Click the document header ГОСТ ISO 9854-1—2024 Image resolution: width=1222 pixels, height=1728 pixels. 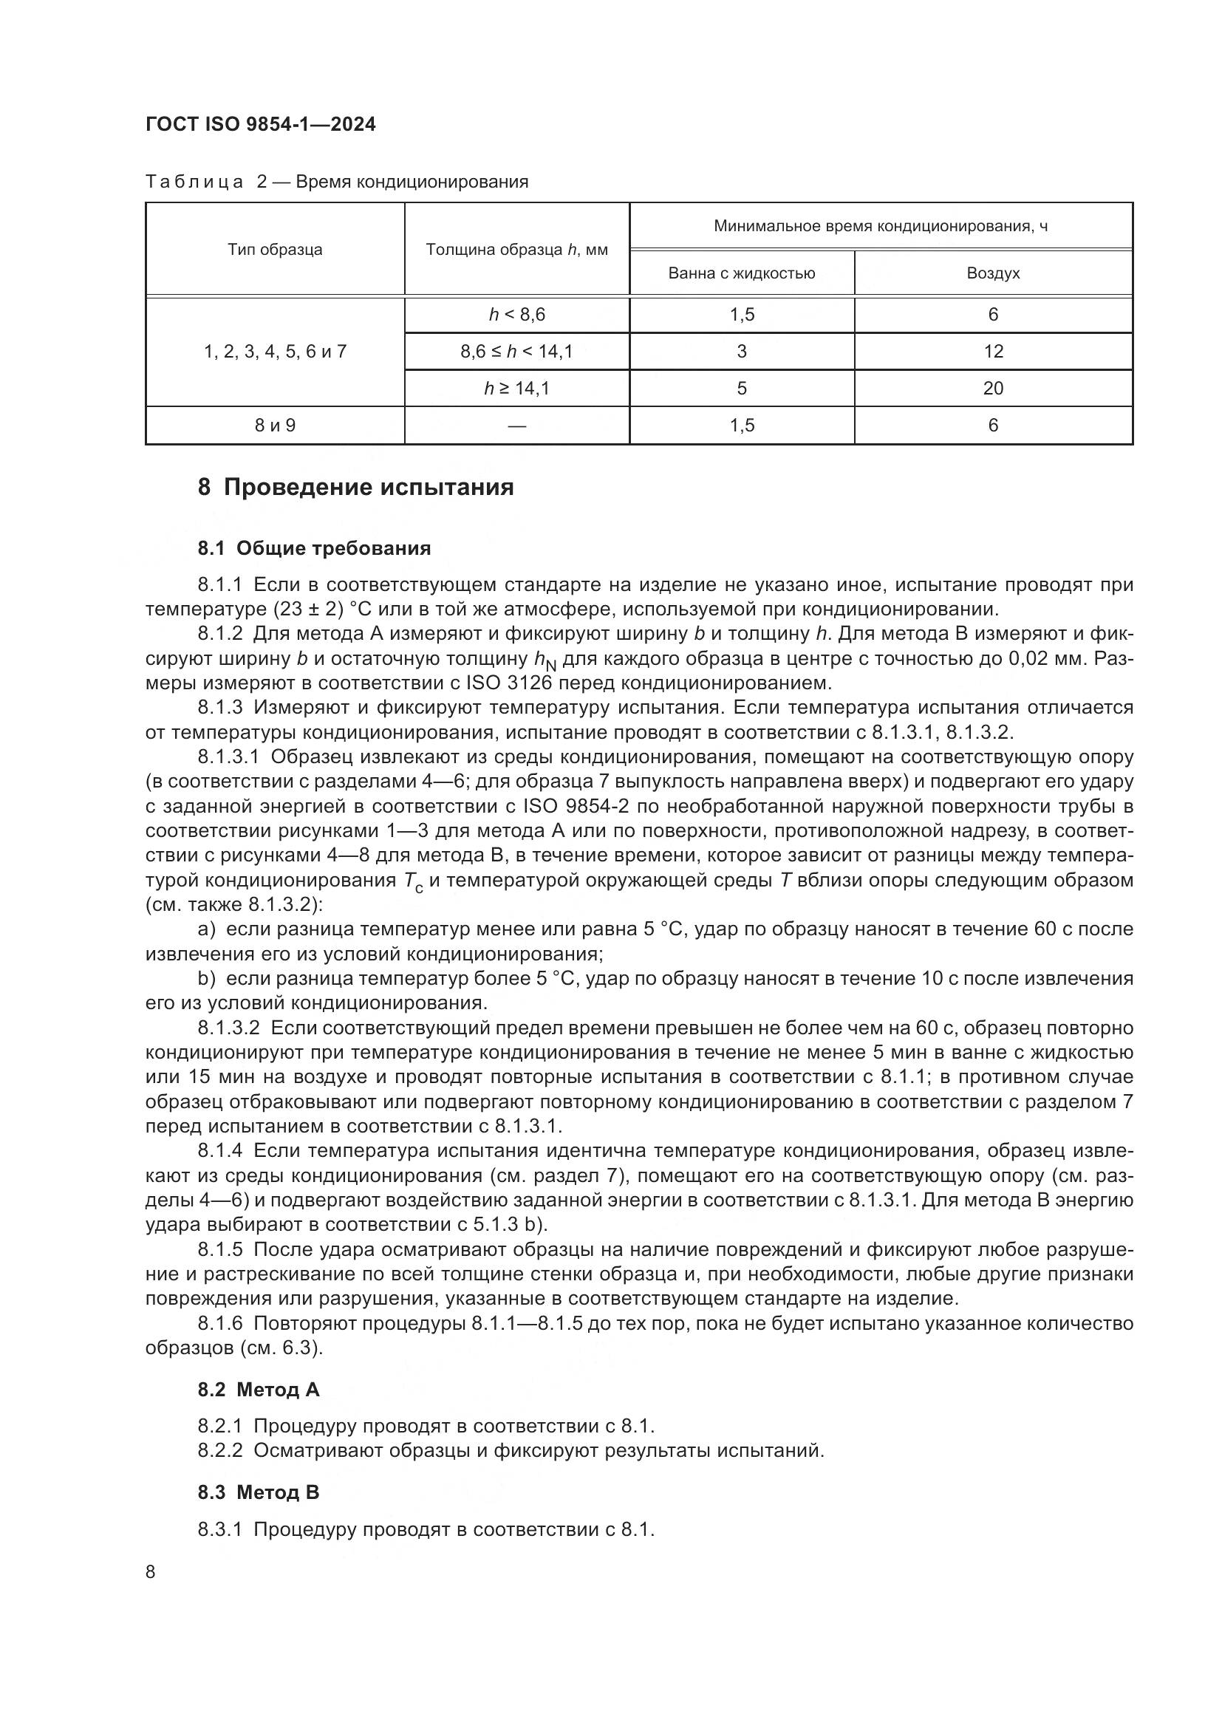pos(260,124)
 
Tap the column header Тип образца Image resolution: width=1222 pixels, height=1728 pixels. pos(275,250)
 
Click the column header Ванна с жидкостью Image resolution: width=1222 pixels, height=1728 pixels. pos(741,273)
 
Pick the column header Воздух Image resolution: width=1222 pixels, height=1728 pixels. pos(992,273)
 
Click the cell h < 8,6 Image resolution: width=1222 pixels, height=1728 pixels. pos(516,315)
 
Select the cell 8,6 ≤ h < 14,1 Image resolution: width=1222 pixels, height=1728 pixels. pos(516,352)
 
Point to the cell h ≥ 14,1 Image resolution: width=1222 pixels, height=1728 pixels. pos(516,389)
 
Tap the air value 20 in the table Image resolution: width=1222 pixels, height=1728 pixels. pos(992,389)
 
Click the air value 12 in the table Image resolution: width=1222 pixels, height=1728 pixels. pos(992,352)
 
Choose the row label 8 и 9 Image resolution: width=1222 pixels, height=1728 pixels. pos(275,426)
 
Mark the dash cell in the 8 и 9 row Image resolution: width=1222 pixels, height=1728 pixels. pos(516,426)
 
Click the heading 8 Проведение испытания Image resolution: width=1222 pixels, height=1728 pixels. pos(355,488)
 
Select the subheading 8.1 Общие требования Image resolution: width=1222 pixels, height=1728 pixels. pos(314,549)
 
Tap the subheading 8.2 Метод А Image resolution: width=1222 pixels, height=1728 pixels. pos(258,1390)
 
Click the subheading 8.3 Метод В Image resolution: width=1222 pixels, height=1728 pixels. pos(258,1492)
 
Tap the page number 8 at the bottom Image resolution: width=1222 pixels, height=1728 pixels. pos(151,1572)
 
